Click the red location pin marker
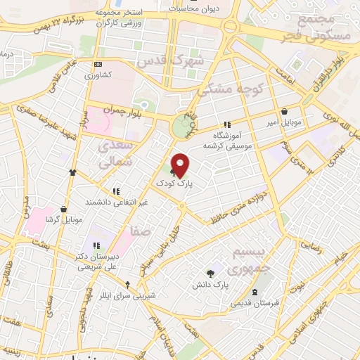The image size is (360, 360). [x=181, y=165]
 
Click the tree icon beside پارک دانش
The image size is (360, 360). [x=210, y=274]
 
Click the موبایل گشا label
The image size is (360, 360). [x=63, y=219]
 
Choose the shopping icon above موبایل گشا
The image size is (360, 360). [x=64, y=209]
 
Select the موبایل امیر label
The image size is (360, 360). [x=284, y=122]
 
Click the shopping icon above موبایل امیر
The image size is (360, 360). [x=284, y=112]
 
